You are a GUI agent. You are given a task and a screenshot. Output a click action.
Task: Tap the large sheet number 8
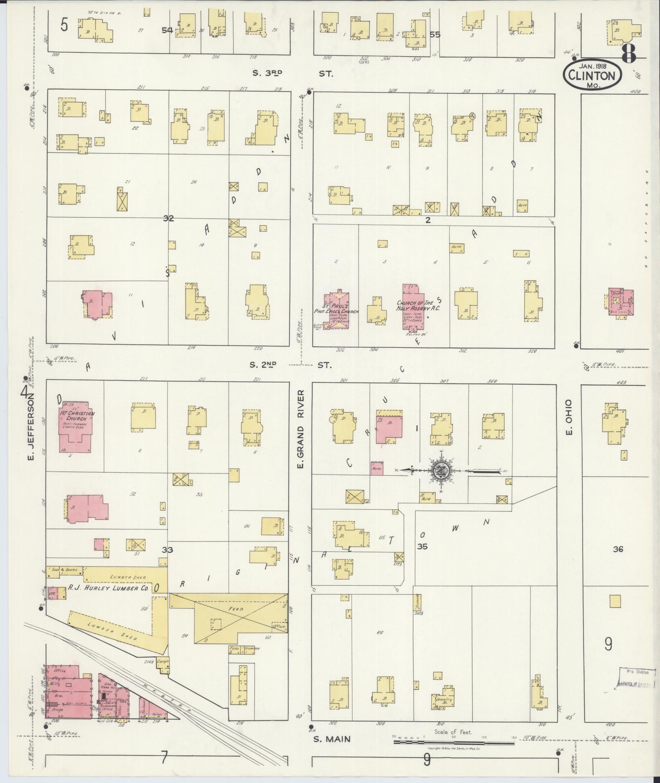(629, 54)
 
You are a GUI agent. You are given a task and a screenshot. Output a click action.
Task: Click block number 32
(168, 218)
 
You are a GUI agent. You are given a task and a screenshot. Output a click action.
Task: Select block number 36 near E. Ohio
(617, 549)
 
